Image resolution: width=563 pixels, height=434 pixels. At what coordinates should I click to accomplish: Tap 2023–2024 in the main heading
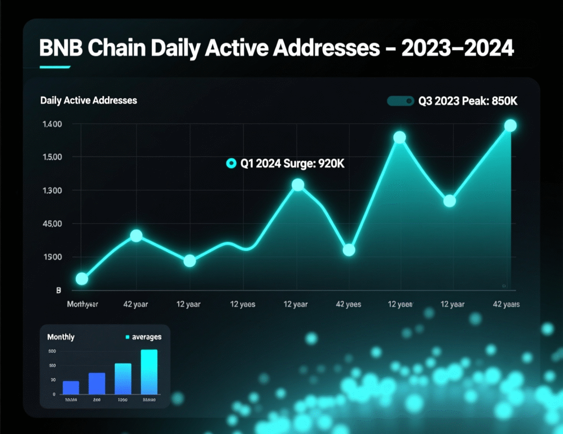[x=457, y=48]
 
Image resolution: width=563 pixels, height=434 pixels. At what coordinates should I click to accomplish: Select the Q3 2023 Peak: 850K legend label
[x=469, y=101]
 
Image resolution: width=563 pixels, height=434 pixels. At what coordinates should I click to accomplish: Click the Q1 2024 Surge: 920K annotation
[x=292, y=164]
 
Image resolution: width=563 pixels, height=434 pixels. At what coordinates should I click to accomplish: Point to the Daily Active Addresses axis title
[x=89, y=101]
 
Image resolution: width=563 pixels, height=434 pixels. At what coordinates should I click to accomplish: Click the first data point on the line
[x=81, y=279]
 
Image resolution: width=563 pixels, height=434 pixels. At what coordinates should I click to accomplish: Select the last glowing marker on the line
[x=510, y=126]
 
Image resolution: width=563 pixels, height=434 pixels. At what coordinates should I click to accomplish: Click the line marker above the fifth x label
[x=297, y=185]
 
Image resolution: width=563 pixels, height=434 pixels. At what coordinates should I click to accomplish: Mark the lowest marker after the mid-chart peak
[x=349, y=251]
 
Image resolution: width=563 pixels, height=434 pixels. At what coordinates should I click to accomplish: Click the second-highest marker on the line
[x=400, y=137]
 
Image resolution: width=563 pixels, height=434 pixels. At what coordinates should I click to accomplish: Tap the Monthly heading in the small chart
[x=61, y=337]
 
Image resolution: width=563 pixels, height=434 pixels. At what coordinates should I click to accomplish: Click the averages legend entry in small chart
[x=146, y=337]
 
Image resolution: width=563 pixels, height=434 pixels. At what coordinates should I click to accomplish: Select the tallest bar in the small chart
[x=149, y=372]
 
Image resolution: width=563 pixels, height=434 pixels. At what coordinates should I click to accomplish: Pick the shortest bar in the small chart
[x=71, y=387]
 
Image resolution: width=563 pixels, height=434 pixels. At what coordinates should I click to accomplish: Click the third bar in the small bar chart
[x=123, y=379]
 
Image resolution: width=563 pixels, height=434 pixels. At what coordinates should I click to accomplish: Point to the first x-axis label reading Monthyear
[x=82, y=304]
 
